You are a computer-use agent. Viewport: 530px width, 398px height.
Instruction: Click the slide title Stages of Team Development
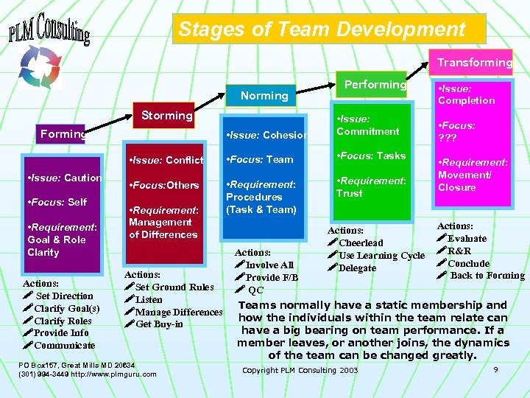322,29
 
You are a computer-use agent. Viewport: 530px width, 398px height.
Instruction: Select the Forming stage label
63,134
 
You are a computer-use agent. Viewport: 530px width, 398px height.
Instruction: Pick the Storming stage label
167,115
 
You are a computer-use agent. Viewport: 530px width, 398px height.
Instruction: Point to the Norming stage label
264,96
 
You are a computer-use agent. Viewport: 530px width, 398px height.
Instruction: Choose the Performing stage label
375,85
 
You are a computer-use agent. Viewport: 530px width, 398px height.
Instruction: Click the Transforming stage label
475,63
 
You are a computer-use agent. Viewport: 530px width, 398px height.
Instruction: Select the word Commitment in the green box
367,131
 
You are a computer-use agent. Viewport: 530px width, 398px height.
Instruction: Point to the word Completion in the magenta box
467,100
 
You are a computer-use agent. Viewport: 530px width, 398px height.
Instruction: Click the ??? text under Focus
448,138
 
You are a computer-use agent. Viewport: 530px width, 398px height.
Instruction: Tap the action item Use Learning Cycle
381,256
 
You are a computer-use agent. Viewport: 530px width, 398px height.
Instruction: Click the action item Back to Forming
487,276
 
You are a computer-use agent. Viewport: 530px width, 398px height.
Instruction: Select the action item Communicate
64,345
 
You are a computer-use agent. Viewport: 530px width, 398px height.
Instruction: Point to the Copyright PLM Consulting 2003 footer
300,370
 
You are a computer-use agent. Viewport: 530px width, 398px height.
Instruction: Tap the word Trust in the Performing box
349,193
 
